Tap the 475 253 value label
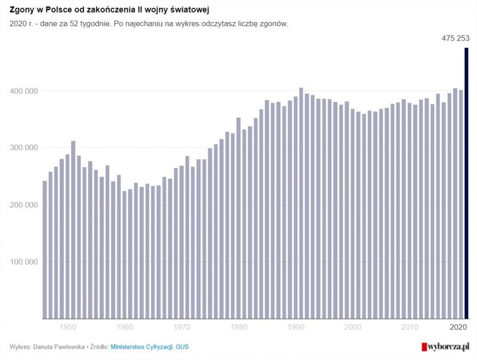point(456,38)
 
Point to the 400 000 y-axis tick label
point(23,91)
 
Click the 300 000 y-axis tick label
point(23,148)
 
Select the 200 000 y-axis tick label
point(23,205)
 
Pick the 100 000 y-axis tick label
point(23,262)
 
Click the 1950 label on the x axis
point(68,327)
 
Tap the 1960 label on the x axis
point(125,327)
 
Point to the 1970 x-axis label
point(182,327)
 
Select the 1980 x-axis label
point(238,327)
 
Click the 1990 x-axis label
point(296,327)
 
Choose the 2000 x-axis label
point(353,327)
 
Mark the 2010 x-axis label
point(410,327)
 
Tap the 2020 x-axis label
point(458,327)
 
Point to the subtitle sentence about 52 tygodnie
point(148,24)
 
